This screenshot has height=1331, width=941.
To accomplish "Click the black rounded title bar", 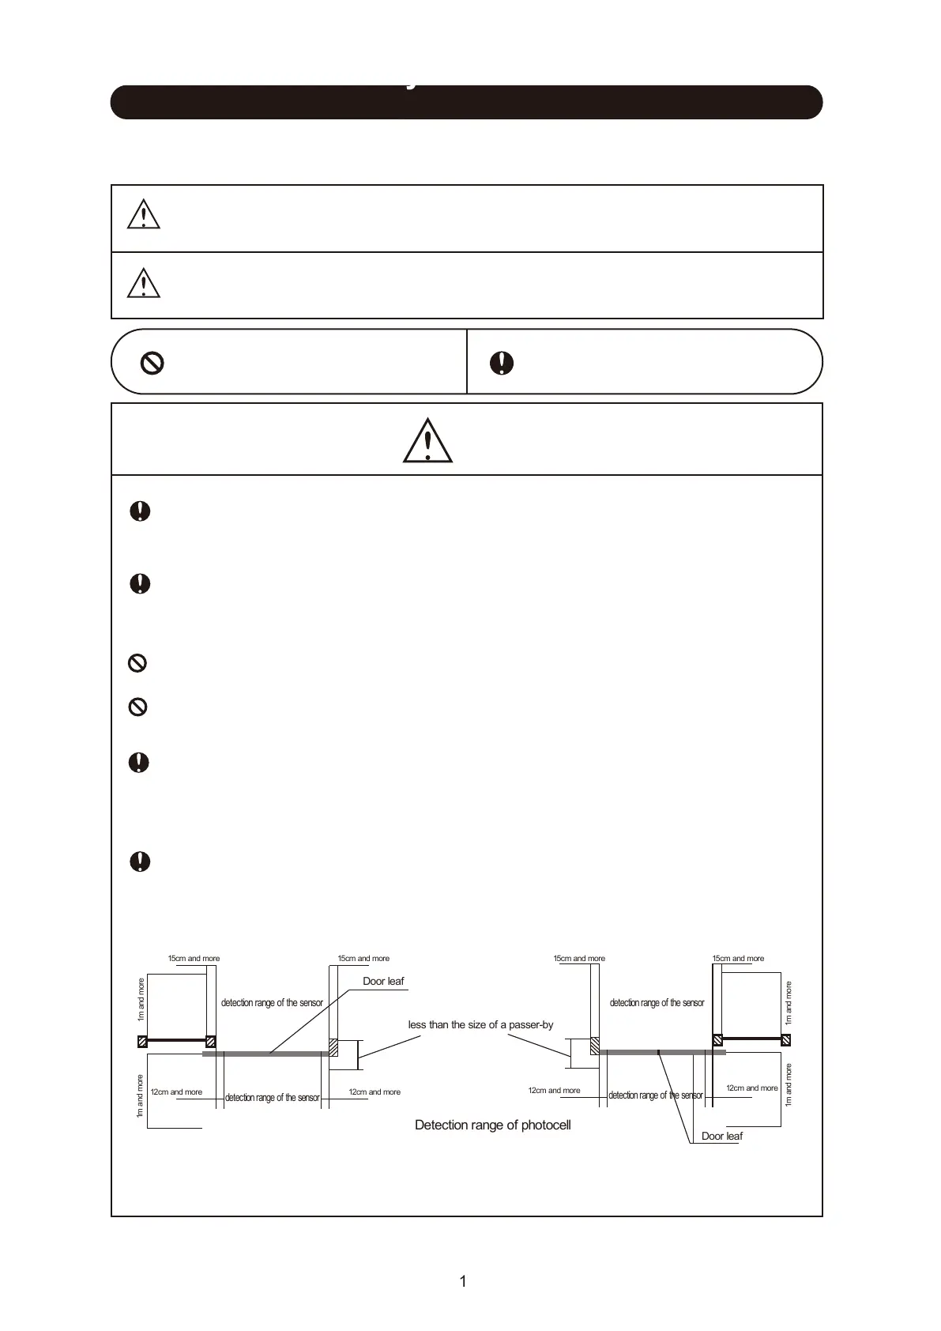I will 466,103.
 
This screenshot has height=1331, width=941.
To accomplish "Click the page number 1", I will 463,1281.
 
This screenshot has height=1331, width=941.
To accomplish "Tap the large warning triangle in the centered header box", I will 427,440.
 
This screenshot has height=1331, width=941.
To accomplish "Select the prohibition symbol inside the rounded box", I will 152,363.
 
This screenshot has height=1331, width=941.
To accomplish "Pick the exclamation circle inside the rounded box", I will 502,363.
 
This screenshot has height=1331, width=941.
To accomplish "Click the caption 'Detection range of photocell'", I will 492,1125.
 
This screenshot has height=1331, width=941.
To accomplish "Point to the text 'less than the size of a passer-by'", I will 480,1024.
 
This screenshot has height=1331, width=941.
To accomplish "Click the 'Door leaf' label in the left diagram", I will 383,981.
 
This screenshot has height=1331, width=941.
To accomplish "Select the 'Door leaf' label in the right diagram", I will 722,1136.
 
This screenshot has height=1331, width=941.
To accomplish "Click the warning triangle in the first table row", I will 144,215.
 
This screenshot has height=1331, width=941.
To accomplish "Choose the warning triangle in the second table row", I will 144,283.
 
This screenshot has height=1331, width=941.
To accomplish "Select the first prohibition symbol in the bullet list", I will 137,663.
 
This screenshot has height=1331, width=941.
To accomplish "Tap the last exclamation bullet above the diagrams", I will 140,862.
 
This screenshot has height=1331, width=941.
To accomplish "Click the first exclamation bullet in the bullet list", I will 140,511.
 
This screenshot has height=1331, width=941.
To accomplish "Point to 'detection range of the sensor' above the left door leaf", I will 272,1003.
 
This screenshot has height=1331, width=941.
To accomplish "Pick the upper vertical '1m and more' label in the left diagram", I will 141,999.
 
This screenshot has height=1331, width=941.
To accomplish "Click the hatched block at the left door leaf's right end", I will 333,1047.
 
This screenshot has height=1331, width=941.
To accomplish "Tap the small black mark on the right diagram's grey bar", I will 658,1052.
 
